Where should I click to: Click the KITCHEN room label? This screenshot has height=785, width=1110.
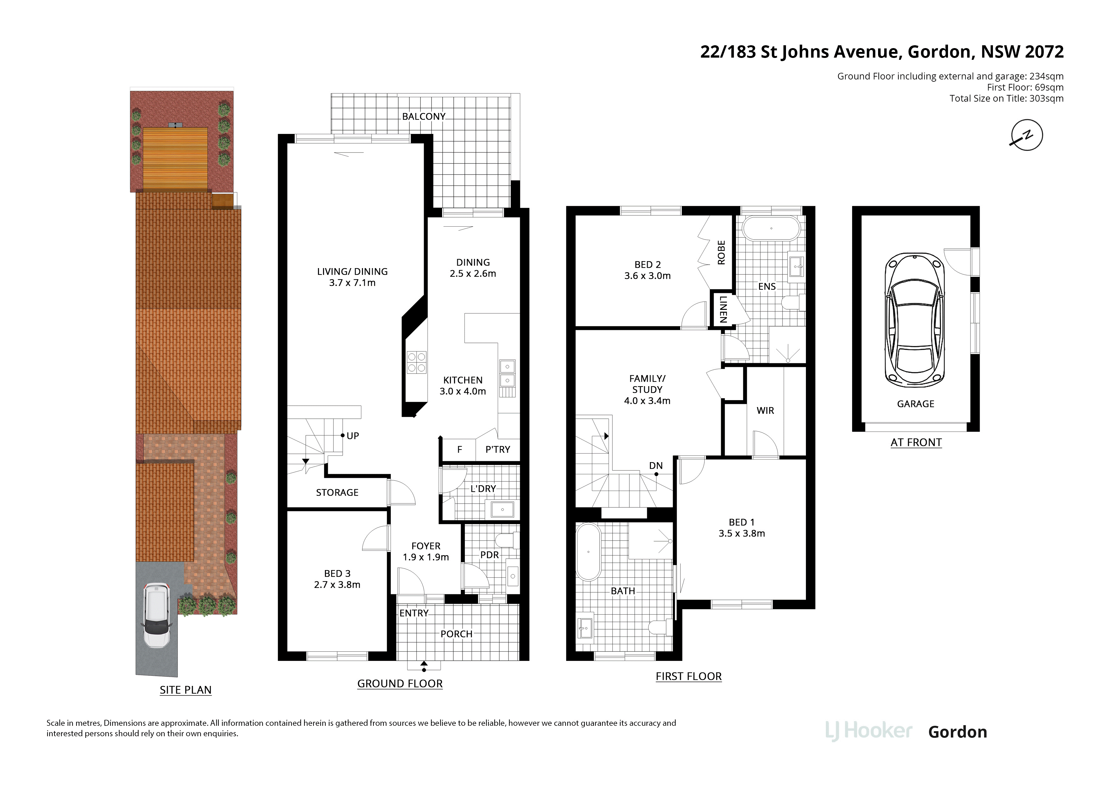click(x=463, y=380)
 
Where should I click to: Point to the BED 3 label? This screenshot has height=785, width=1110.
click(x=337, y=574)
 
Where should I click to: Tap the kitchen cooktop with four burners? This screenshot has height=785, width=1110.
click(x=416, y=362)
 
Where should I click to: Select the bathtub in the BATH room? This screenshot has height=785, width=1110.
click(x=588, y=551)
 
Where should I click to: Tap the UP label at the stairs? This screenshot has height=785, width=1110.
click(x=353, y=436)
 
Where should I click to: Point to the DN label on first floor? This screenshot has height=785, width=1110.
click(x=656, y=466)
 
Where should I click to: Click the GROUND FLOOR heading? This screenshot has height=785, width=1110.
click(x=400, y=683)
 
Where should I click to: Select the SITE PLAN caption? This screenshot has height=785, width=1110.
click(x=186, y=690)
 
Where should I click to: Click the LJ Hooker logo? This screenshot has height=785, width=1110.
click(x=869, y=731)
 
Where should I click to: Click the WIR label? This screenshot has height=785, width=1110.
click(x=765, y=411)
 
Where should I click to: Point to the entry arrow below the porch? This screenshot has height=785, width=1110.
click(x=424, y=666)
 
